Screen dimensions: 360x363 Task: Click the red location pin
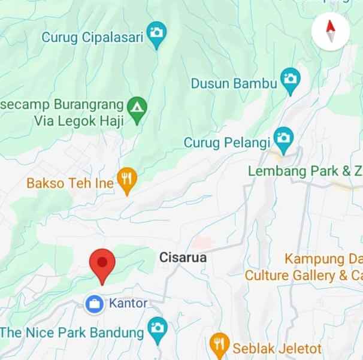102,264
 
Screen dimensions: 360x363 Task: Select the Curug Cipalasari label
92,37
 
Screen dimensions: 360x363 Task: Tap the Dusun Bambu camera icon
291,80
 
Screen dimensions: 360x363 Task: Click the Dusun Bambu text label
234,84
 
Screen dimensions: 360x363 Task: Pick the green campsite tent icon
138,108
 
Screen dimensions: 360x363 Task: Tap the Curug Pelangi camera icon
283,139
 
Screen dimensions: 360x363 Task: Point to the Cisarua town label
183,258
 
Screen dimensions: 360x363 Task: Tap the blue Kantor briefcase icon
93,304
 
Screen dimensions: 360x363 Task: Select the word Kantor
128,304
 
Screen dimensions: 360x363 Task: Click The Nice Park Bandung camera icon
157,329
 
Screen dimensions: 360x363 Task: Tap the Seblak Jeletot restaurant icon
220,344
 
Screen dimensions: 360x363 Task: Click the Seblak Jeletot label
277,348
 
